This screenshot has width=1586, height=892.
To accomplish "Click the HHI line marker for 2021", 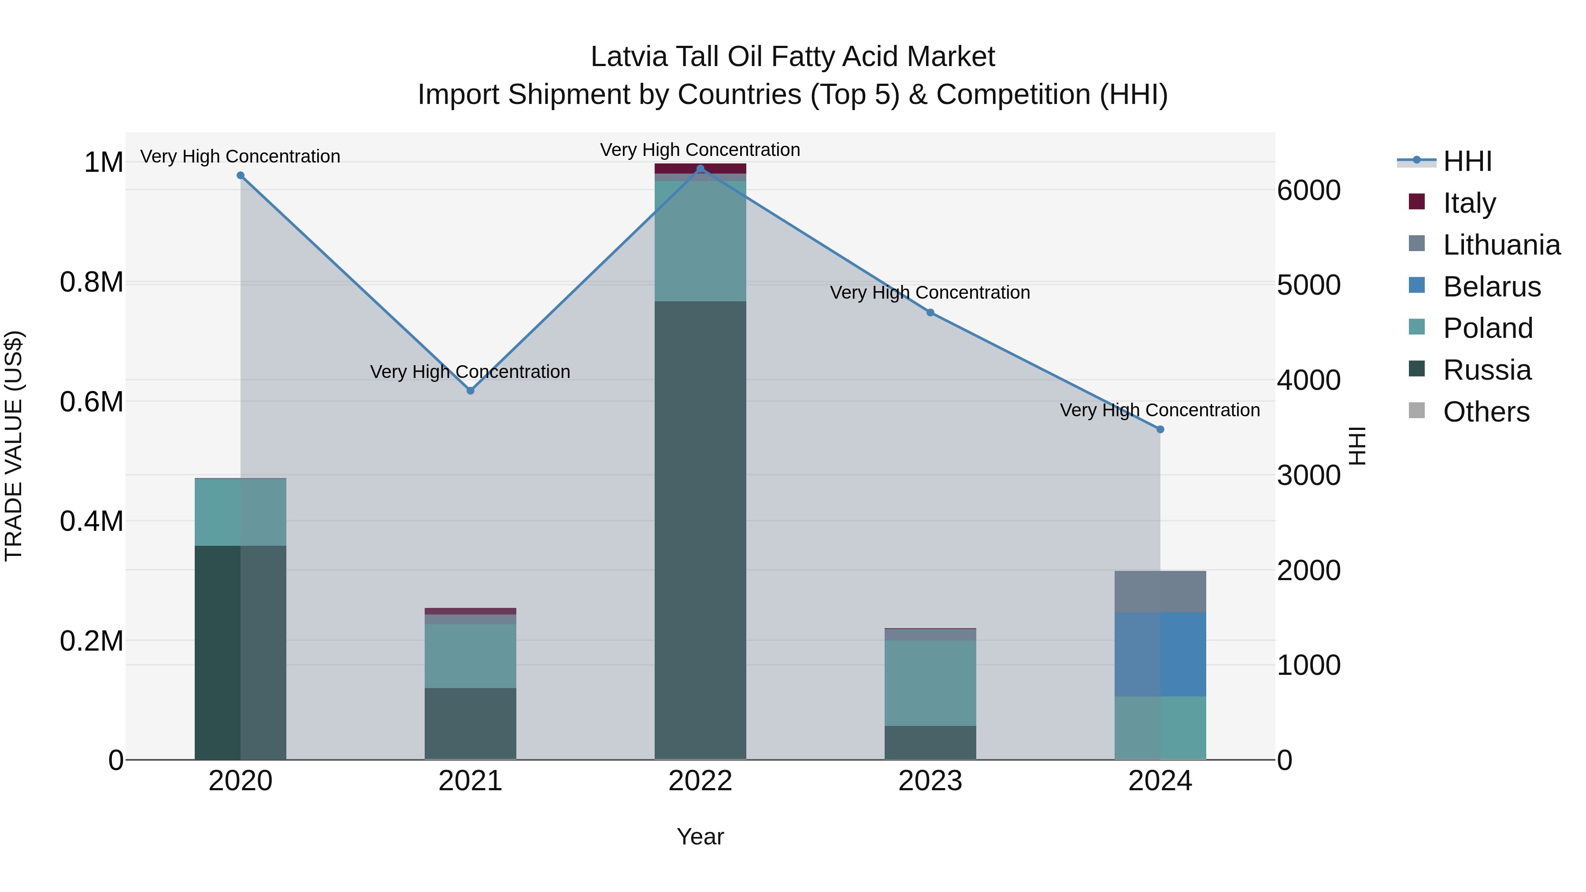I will tap(471, 390).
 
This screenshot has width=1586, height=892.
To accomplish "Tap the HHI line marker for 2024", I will tap(1160, 429).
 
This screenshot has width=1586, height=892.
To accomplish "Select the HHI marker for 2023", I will tap(930, 313).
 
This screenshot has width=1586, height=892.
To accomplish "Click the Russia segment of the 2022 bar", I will tap(700, 529).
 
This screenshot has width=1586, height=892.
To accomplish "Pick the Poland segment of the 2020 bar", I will tap(240, 511).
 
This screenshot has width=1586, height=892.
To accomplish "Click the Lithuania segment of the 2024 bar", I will tap(1160, 591).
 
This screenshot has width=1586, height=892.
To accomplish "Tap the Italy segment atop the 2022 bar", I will tap(700, 168).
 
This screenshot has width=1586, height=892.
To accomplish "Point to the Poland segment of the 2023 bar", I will tap(930, 683).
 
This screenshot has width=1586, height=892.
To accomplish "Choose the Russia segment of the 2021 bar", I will tap(471, 723).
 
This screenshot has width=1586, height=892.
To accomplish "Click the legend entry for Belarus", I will tap(1491, 287).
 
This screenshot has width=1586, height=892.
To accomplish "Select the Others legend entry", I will tap(1486, 412).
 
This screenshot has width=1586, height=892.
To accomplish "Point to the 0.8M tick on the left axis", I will tap(91, 282).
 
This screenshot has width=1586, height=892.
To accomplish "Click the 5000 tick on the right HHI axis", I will tap(1309, 285).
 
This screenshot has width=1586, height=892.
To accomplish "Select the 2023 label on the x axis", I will tap(930, 781).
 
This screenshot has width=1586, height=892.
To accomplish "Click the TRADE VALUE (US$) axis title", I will tap(14, 446).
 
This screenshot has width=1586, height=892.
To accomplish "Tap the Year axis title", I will tap(700, 836).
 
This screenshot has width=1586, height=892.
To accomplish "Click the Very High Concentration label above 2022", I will tap(700, 150).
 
